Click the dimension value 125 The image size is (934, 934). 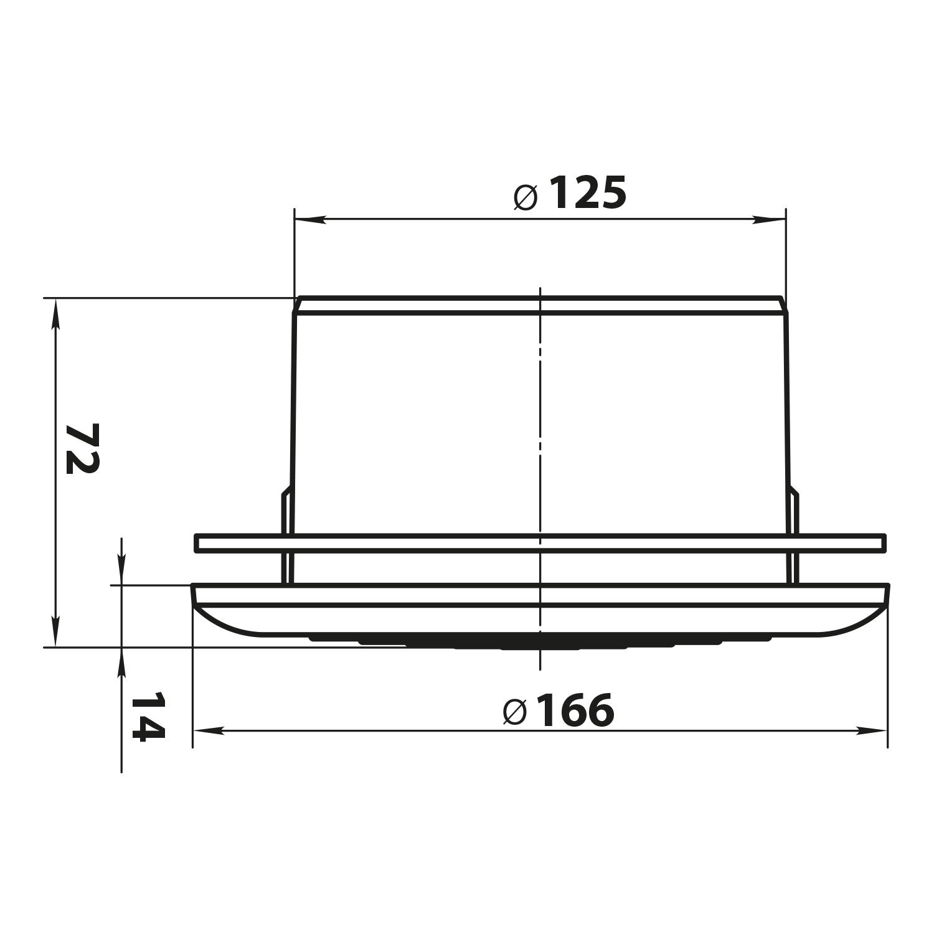click(x=587, y=193)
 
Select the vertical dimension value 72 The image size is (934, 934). click(x=82, y=448)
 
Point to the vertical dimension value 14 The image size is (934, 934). click(x=148, y=716)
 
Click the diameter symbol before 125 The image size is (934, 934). click(x=526, y=197)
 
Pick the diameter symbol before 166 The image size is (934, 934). click(x=514, y=712)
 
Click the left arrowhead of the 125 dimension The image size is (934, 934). click(x=309, y=219)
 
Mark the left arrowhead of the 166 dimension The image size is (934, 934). click(x=209, y=730)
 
